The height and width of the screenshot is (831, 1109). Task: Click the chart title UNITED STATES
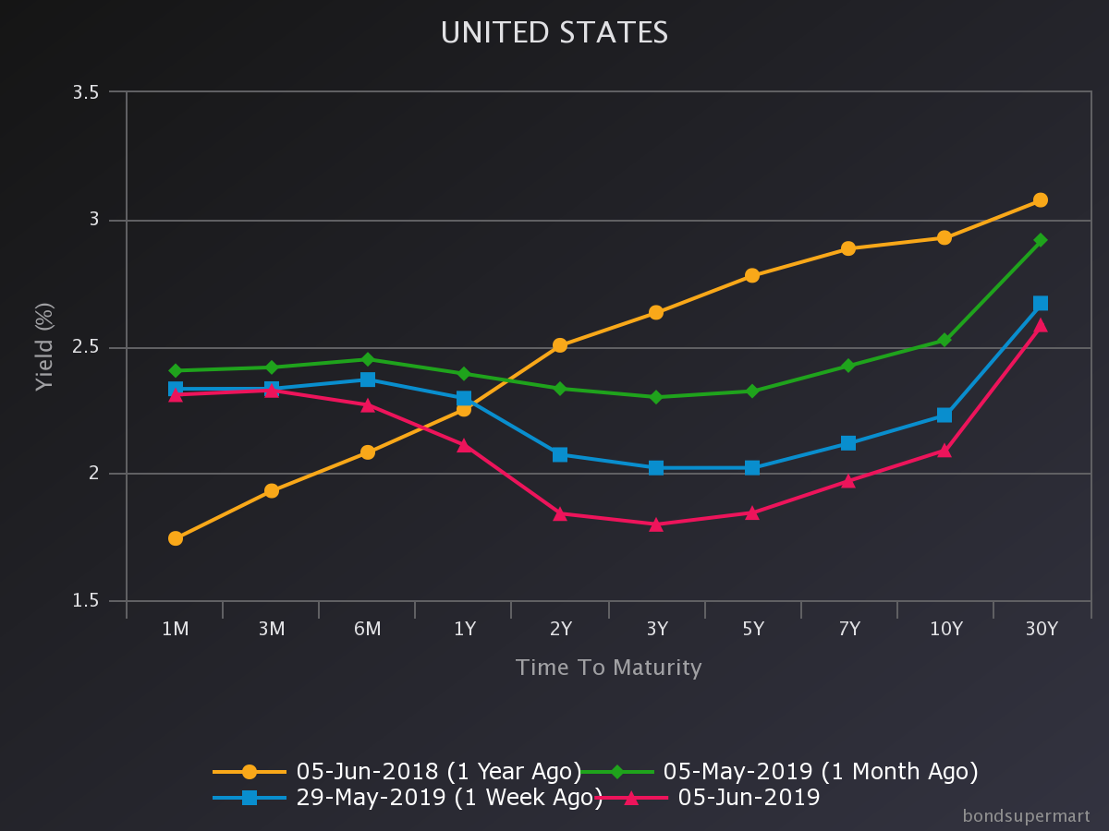point(554,33)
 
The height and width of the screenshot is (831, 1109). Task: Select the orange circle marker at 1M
point(176,538)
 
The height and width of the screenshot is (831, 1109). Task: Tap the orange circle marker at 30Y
point(1041,199)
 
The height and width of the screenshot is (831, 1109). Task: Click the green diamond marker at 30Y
point(1041,240)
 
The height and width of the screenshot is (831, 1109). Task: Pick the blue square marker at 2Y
point(560,454)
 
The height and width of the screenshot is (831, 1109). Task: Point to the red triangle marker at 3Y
point(656,524)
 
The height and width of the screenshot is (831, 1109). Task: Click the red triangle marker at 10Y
point(944,451)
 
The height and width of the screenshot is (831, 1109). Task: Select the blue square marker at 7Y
point(848,443)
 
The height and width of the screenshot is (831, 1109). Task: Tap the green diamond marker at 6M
point(368,359)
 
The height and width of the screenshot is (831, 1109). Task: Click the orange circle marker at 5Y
point(752,275)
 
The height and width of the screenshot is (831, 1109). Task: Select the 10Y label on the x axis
point(944,630)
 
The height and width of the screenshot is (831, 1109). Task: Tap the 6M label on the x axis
point(368,630)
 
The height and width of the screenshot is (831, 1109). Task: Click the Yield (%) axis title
point(44,346)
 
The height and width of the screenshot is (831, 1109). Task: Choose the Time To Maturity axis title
point(608,668)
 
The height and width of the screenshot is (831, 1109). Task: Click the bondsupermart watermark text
point(1026,816)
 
